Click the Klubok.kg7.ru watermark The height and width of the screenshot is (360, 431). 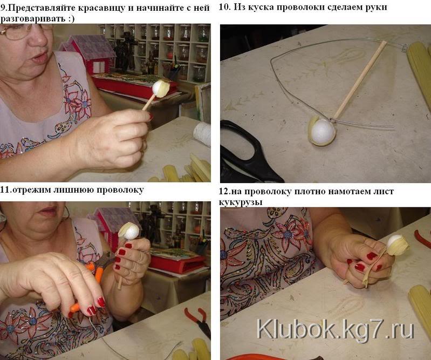click(x=336, y=329)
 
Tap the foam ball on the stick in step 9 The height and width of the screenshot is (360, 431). click(x=160, y=89)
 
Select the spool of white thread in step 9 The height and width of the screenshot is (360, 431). click(x=202, y=134)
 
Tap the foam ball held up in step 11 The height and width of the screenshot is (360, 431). click(x=130, y=232)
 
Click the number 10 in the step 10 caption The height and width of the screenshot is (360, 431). click(x=224, y=7)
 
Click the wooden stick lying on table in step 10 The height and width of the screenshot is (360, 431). click(x=360, y=80)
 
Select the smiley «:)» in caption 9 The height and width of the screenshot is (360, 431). click(x=70, y=19)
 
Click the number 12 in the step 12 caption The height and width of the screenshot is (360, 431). click(x=224, y=192)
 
